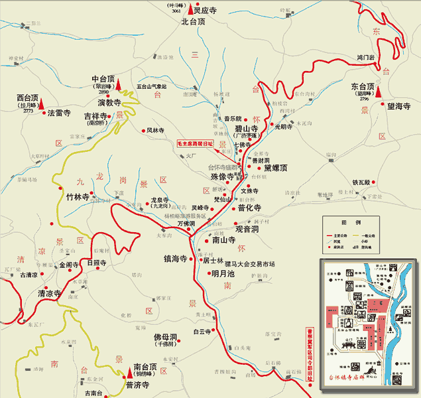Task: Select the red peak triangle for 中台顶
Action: (x=119, y=84)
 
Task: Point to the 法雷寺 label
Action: (x=59, y=113)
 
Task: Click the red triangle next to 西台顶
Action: (x=41, y=103)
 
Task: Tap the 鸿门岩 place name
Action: (x=366, y=58)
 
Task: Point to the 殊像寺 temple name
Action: (x=222, y=177)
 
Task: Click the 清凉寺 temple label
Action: (x=50, y=293)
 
